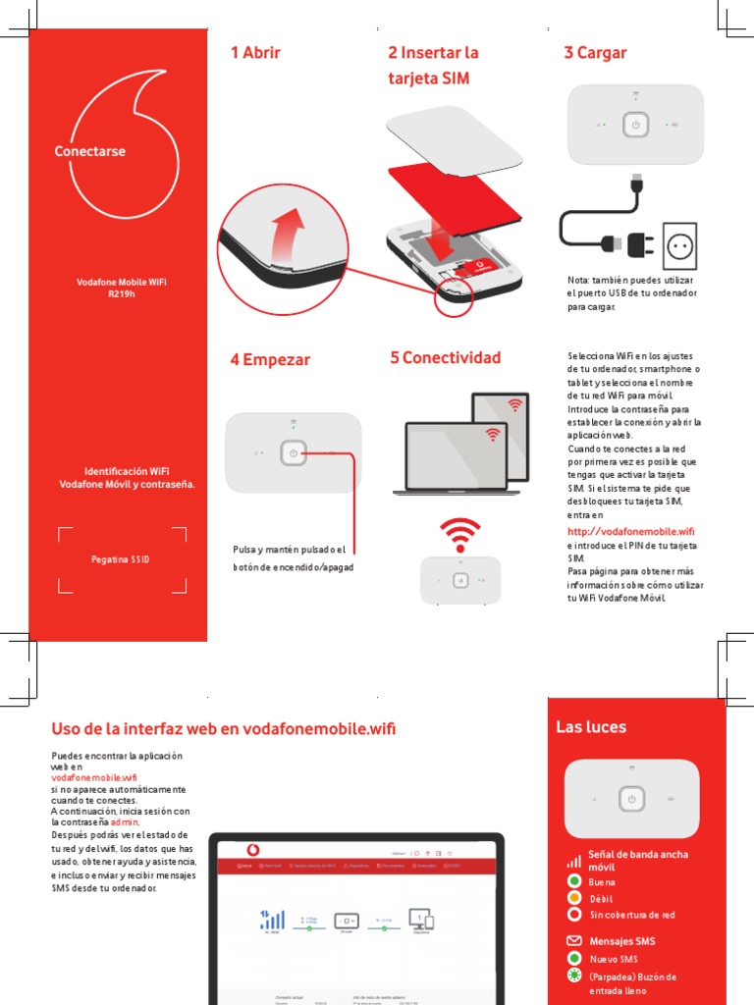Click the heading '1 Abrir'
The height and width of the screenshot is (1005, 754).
point(255,53)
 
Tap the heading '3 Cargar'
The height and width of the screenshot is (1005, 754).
point(595,53)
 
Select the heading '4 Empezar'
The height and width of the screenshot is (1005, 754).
point(270,359)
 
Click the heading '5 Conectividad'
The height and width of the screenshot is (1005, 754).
point(445,357)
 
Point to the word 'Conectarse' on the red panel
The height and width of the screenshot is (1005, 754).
point(90,151)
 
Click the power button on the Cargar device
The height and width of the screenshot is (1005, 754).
point(635,125)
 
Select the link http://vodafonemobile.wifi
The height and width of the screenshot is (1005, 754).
point(631,531)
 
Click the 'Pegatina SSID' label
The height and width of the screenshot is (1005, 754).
point(121,559)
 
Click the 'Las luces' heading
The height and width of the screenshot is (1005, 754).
point(591,727)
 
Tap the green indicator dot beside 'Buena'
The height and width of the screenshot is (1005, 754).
point(574,881)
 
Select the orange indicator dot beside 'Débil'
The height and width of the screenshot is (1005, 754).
point(574,897)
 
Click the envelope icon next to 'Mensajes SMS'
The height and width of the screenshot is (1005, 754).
point(574,941)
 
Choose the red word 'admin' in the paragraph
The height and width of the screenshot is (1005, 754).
point(125,822)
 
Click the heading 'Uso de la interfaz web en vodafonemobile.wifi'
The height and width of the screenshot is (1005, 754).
point(224,728)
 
